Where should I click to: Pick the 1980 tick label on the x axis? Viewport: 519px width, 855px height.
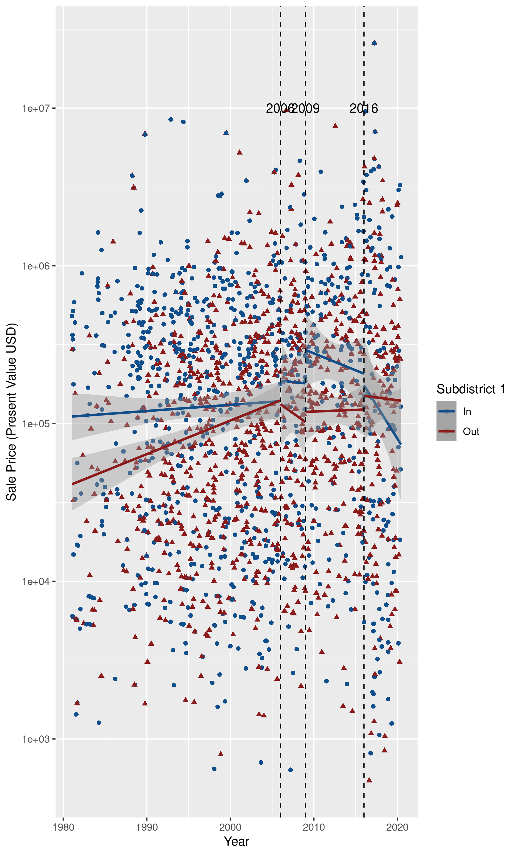[x=64, y=827]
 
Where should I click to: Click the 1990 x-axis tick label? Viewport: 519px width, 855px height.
[x=147, y=827]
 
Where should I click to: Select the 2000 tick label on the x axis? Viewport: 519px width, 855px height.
[x=230, y=827]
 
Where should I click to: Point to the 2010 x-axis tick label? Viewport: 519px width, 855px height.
[x=314, y=827]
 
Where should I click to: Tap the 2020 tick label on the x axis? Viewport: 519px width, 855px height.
[x=397, y=827]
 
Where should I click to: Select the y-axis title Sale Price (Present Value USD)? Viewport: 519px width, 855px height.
[x=11, y=412]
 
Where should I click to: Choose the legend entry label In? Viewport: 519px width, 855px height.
[x=467, y=412]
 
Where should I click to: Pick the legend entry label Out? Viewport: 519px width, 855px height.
[x=471, y=432]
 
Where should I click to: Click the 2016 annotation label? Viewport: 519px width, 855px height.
[x=364, y=109]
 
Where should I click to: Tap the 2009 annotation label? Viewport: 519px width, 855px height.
[x=306, y=109]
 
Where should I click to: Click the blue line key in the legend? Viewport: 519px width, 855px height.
[x=446, y=412]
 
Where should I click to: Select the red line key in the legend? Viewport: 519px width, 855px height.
[x=446, y=432]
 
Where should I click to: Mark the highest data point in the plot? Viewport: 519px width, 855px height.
[x=374, y=43]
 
